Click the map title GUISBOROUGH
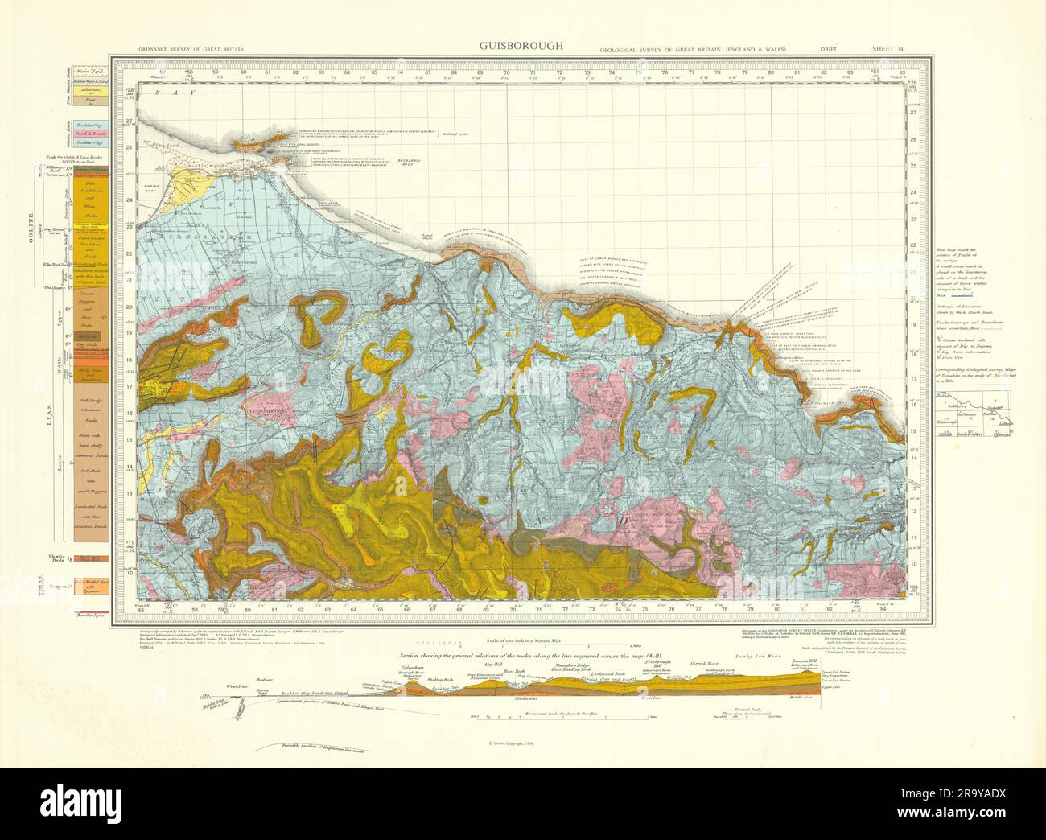tap(521, 46)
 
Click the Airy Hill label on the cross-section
tap(482, 665)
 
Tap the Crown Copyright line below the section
tap(522, 743)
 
